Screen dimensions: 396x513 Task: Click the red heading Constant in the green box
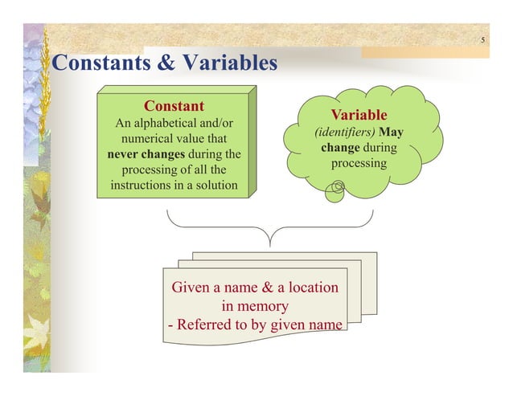(174, 106)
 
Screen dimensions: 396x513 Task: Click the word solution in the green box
(211, 186)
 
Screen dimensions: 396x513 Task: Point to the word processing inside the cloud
(359, 163)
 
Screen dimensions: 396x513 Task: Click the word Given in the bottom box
(192, 287)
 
